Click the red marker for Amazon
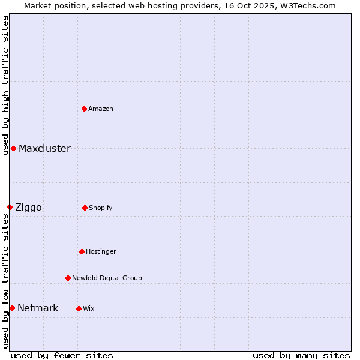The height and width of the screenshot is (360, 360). tap(85, 109)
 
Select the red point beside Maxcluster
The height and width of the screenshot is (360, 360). tap(13, 148)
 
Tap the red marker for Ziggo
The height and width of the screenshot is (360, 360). tap(10, 207)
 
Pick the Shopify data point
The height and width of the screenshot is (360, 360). tap(85, 208)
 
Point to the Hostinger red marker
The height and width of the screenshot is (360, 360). tap(82, 251)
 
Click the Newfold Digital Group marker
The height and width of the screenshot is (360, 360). tap(68, 278)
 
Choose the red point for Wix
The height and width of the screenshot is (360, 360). tap(79, 308)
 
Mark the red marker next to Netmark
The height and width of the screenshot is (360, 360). tap(12, 308)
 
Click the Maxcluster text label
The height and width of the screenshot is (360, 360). tap(44, 148)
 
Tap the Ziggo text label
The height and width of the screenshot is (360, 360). tap(28, 207)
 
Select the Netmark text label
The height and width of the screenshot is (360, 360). tap(38, 308)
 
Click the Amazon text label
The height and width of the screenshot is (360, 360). tap(101, 109)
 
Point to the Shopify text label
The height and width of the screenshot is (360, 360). tap(101, 208)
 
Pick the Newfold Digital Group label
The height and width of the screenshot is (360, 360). tap(107, 278)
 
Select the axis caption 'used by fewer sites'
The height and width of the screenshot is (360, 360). tap(62, 355)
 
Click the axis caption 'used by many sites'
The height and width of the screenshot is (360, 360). tap(301, 355)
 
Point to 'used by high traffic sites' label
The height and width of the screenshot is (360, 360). tap(5, 85)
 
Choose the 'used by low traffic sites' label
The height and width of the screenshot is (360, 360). tap(5, 281)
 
